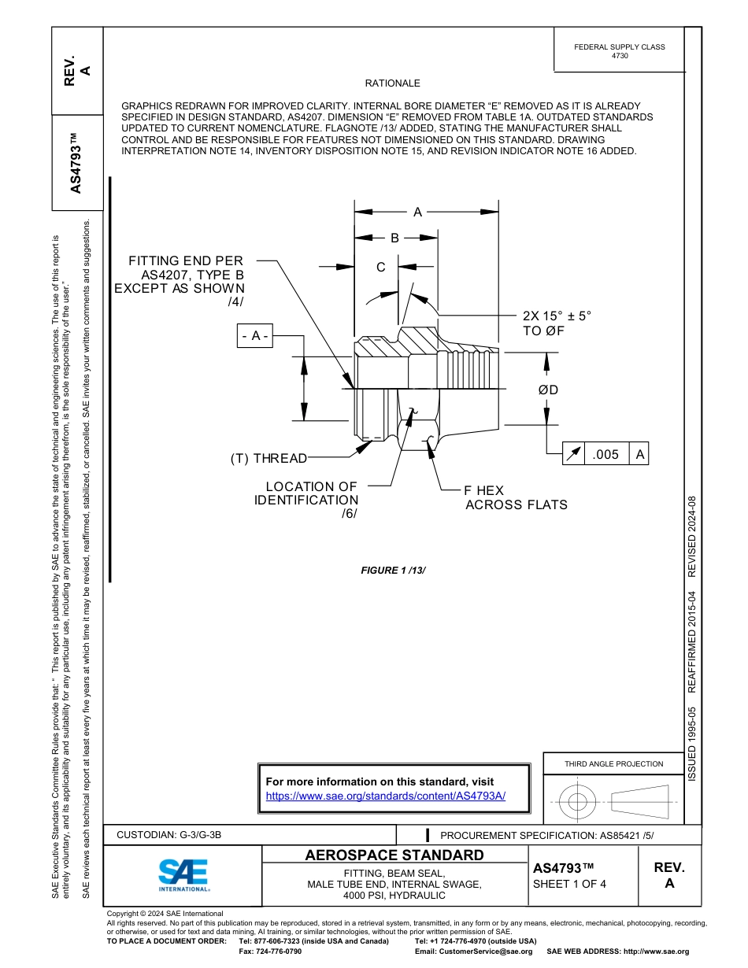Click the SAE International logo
click(x=183, y=874)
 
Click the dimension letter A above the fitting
click(x=418, y=212)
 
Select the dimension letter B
click(x=395, y=238)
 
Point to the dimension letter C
click(x=380, y=268)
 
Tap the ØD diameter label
click(x=548, y=390)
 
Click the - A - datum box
click(x=255, y=336)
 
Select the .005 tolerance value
click(x=605, y=454)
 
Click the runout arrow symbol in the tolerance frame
click(x=574, y=454)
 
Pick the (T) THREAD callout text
click(x=268, y=458)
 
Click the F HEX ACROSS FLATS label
click(x=516, y=497)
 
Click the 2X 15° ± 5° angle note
click(x=557, y=323)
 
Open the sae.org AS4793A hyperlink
click(x=386, y=796)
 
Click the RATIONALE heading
click(x=392, y=83)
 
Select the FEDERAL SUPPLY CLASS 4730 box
click(x=619, y=51)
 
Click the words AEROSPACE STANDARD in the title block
click(x=394, y=855)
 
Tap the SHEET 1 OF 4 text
click(x=570, y=884)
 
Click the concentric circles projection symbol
click(x=578, y=802)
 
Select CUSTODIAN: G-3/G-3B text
click(x=174, y=835)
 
